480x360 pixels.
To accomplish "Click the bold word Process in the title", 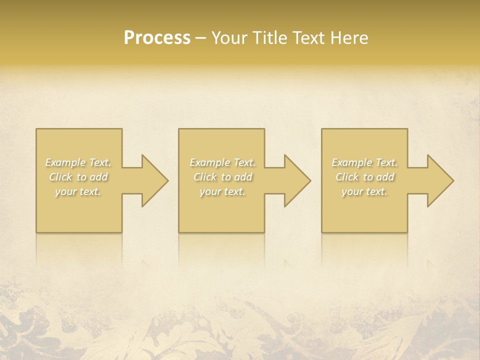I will point(157,38).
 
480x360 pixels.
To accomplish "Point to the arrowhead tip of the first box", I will point(168,180).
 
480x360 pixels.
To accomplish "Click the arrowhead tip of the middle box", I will point(310,180).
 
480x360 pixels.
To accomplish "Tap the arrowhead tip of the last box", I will point(453,180).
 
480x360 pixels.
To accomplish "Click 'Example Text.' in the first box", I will point(78,162).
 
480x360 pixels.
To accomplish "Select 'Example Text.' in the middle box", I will point(222,162).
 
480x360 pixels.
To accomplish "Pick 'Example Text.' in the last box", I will point(364,162).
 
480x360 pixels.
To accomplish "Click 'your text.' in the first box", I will point(78,191).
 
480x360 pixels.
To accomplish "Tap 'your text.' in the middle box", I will point(222,191).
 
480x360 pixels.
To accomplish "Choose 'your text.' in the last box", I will point(364,191).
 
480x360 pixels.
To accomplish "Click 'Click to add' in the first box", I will point(78,177).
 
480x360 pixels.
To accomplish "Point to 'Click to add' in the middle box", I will point(222,177).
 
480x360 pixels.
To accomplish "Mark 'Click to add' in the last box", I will point(364,177).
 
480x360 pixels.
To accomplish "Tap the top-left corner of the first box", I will point(36,129).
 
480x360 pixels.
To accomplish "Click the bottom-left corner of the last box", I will point(322,232).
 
